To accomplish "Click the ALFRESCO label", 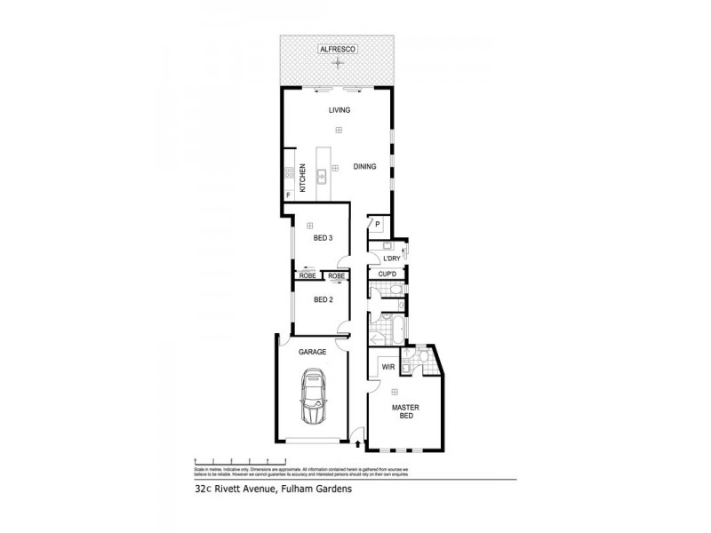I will pos(338,51).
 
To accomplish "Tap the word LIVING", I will pos(339,110).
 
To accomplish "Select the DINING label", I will pos(364,166).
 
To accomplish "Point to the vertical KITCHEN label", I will pos(302,178).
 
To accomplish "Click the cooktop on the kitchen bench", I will pos(288,174).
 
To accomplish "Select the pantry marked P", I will pos(377,224).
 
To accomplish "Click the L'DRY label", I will pos(391,259).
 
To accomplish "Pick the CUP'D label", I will pos(387,275).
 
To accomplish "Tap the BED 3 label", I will pos(323,238).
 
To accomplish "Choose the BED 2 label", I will pos(323,299).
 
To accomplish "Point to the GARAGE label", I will pos(313,352).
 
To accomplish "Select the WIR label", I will pos(387,366).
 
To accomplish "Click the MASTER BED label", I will pos(406,413).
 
